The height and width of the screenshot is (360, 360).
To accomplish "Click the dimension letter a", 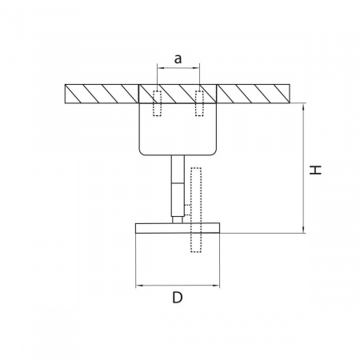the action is pyautogui.click(x=178, y=59).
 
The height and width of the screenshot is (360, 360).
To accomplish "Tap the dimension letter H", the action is pyautogui.click(x=315, y=170).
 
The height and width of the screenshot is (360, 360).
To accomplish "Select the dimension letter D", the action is pyautogui.click(x=178, y=298).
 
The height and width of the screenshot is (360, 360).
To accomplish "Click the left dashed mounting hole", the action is pyautogui.click(x=157, y=103).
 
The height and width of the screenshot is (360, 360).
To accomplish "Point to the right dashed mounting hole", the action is pyautogui.click(x=199, y=103).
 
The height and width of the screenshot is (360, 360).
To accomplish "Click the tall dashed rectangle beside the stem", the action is pyautogui.click(x=196, y=210).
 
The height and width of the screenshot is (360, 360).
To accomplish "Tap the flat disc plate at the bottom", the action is pyautogui.click(x=178, y=228).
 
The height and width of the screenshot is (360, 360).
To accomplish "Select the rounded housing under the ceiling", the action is pyautogui.click(x=178, y=129).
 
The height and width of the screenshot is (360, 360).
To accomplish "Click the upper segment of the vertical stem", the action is pyautogui.click(x=178, y=169).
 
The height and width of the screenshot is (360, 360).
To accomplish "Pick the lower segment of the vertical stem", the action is pyautogui.click(x=178, y=199).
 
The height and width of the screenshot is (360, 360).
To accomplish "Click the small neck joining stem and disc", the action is pyautogui.click(x=178, y=220).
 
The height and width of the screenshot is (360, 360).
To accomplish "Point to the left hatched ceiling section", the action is pyautogui.click(x=102, y=94).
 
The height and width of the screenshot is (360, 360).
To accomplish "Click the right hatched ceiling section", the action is pyautogui.click(x=253, y=94).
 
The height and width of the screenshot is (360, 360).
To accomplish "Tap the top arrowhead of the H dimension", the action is pyautogui.click(x=303, y=106).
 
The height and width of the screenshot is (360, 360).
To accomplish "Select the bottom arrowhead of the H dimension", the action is pyautogui.click(x=303, y=230).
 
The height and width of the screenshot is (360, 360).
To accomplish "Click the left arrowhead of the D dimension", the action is pyautogui.click(x=139, y=286).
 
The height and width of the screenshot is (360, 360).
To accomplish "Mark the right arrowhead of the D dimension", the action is pyautogui.click(x=216, y=286).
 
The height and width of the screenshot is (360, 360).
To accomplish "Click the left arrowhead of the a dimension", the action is pyautogui.click(x=161, y=68).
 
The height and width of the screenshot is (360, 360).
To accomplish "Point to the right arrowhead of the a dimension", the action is pyautogui.click(x=196, y=68).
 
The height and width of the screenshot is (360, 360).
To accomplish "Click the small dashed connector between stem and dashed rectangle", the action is pyautogui.click(x=187, y=210).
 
